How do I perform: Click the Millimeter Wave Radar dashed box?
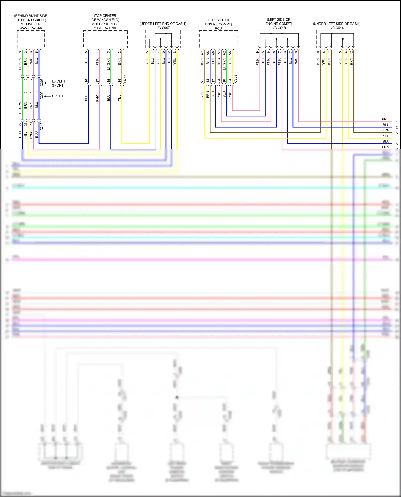click(31, 39)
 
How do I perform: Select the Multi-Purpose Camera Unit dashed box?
click(105, 39)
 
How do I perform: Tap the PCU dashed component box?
click(218, 39)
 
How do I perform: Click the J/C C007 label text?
click(163, 28)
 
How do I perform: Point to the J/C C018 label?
click(279, 28)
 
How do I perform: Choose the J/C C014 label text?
click(337, 28)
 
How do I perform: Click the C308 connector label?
click(42, 82)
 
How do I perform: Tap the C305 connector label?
click(42, 95)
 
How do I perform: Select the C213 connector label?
click(42, 126)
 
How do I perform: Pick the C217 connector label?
click(125, 79)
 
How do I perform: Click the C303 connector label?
click(235, 79)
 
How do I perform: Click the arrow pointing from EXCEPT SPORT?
click(47, 83)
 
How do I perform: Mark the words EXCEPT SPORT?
click(58, 83)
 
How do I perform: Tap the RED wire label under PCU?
click(219, 62)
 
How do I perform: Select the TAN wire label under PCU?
click(213, 62)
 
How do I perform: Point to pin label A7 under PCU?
click(202, 53)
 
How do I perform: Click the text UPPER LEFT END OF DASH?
click(163, 24)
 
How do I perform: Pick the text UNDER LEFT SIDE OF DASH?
click(337, 24)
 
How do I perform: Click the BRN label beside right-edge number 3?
click(385, 130)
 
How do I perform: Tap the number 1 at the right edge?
click(397, 122)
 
